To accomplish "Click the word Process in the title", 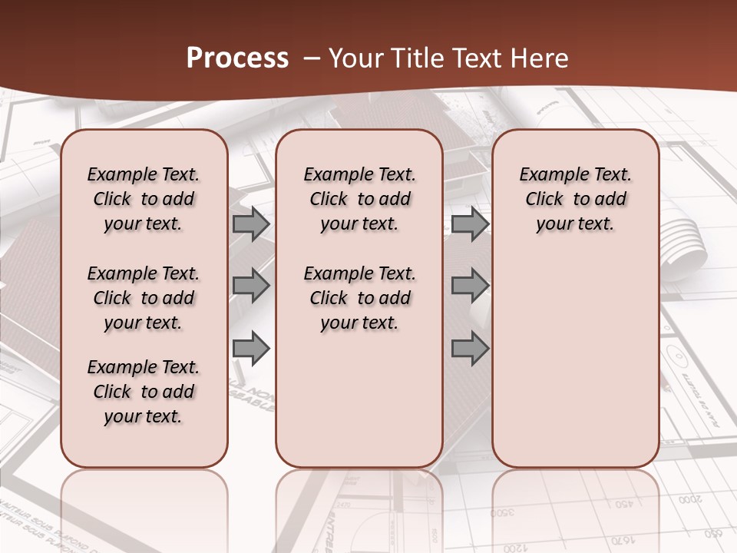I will [237, 58].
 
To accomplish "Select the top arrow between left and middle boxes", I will [251, 224].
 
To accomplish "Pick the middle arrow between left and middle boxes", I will [251, 286].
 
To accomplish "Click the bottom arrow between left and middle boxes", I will [251, 349].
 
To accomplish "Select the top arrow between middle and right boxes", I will [470, 224].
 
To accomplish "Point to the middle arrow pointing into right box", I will [470, 286].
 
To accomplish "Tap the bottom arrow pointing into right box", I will [470, 349].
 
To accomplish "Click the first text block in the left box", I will [144, 199].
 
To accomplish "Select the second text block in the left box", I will [144, 298].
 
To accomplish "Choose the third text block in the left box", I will [144, 392].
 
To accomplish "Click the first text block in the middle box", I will [359, 199].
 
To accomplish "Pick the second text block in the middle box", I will [359, 298].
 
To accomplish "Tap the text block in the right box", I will [575, 199].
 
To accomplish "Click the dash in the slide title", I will [312, 58].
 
